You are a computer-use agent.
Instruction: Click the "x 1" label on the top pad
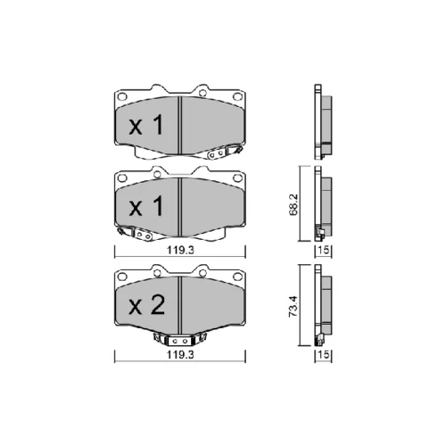point(146,125)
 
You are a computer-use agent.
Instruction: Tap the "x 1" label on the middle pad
point(146,206)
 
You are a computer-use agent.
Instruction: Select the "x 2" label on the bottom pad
point(146,305)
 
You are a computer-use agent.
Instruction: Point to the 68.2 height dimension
point(293,205)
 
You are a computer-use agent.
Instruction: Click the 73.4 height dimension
point(293,307)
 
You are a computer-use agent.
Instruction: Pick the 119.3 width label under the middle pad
point(180,251)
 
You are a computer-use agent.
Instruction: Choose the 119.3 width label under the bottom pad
point(180,355)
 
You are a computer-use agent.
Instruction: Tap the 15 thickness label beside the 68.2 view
point(324,250)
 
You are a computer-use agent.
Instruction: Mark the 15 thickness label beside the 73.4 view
point(324,354)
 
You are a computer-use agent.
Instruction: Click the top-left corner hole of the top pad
point(122,96)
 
